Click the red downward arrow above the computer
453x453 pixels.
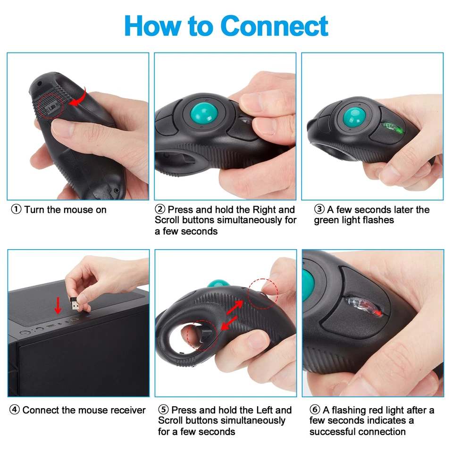coord(58,305)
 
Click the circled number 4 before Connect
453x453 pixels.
coord(14,410)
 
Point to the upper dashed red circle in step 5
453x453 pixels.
coord(263,293)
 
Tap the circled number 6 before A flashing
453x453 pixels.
coord(314,410)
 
